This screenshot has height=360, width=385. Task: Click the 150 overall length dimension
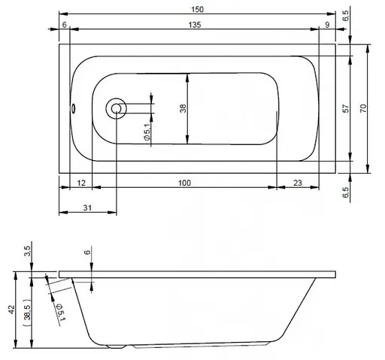tap(196, 8)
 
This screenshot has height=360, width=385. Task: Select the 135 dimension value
tap(195, 25)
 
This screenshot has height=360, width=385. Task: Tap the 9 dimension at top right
tap(328, 25)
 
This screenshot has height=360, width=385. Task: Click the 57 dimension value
tap(345, 109)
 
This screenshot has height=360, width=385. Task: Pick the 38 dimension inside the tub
tap(183, 109)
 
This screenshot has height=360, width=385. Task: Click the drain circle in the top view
tap(117, 108)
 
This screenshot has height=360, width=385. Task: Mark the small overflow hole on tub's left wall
tap(74, 107)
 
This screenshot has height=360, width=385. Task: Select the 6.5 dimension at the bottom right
tap(345, 192)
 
